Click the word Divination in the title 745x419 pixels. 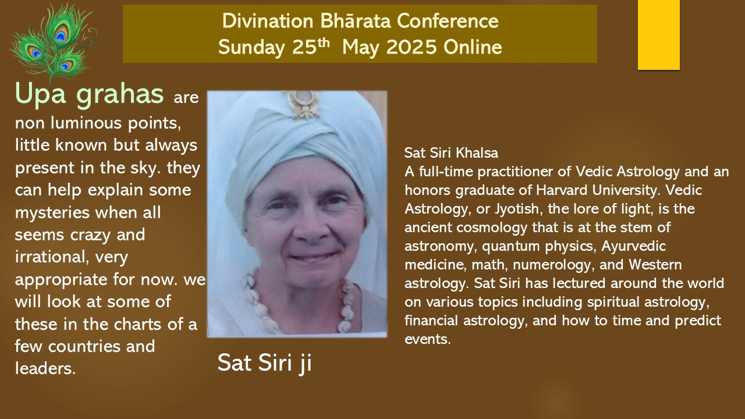(x=268, y=21)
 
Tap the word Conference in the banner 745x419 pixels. (x=448, y=21)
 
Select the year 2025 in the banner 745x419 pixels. (x=411, y=47)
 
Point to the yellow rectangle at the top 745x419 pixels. (x=658, y=34)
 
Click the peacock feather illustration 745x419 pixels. (x=53, y=41)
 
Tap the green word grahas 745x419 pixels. (x=120, y=95)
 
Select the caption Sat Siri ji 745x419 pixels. (x=265, y=363)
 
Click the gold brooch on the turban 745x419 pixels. (x=303, y=104)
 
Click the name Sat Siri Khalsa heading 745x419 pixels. (x=451, y=153)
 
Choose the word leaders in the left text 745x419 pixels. (x=45, y=369)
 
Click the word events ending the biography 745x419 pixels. (x=428, y=339)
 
